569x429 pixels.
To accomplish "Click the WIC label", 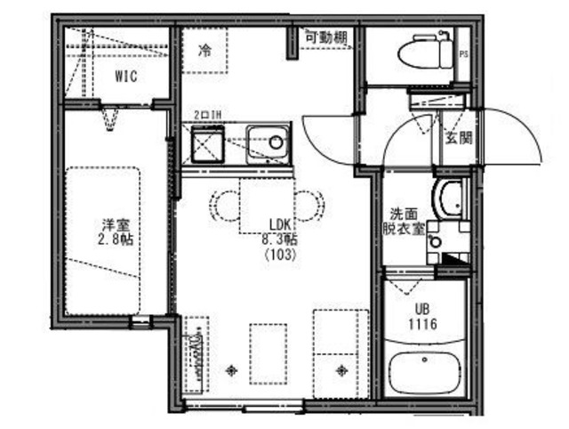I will pos(125,77).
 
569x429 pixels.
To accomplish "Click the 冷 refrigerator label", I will pos(205,52).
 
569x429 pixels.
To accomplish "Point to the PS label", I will pos(463,55).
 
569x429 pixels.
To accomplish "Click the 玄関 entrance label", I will pos(459,138).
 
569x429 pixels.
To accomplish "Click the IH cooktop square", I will pos(207,143).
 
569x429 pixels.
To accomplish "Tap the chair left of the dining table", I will pos(222,206).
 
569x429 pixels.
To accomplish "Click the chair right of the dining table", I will pos(309,206).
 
